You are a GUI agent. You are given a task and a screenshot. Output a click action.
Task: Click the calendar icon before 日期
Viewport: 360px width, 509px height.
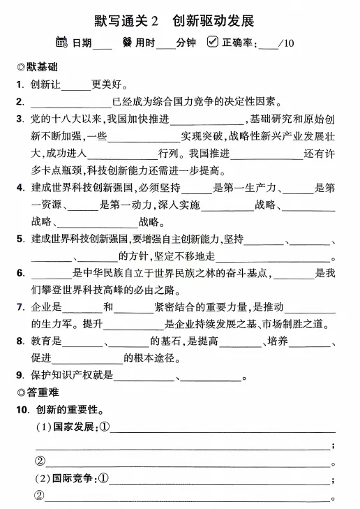[x=61, y=43]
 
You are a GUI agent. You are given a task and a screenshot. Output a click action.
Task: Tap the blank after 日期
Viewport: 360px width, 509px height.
[x=103, y=44]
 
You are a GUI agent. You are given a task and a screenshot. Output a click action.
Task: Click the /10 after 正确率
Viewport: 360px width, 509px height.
[x=286, y=43]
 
